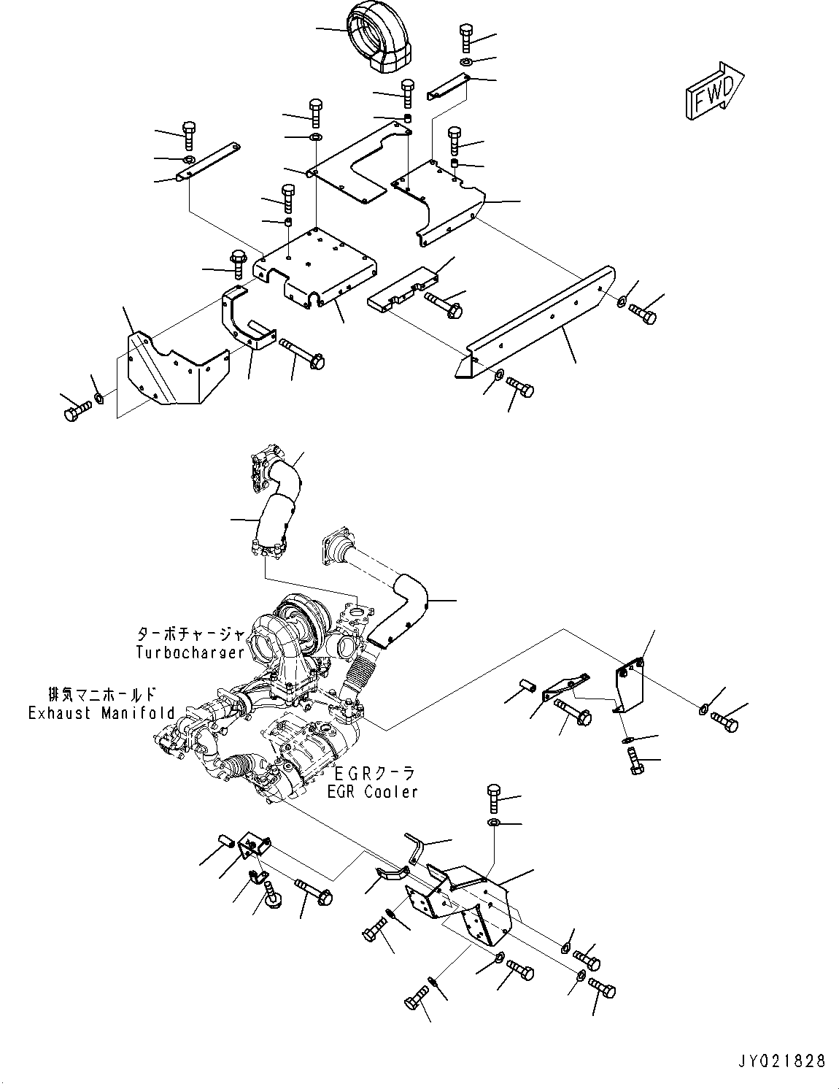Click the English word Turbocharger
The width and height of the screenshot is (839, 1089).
(190, 652)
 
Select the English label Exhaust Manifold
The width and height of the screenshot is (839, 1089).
(101, 713)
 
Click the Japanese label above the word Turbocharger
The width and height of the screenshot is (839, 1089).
(190, 635)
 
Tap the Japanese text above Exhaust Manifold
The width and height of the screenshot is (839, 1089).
(101, 694)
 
